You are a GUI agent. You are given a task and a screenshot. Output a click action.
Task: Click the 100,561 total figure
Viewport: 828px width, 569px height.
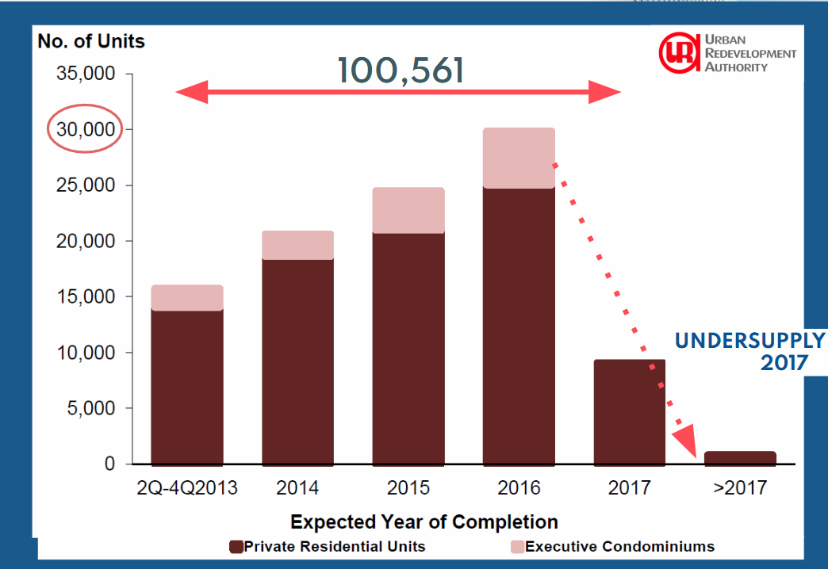point(401,71)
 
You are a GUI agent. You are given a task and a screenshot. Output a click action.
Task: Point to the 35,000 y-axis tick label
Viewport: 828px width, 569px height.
point(86,74)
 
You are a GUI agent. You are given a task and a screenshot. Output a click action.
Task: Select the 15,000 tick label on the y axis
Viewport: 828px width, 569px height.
point(86,296)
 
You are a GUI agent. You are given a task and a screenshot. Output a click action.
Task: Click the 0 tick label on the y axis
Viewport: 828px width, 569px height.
point(109,464)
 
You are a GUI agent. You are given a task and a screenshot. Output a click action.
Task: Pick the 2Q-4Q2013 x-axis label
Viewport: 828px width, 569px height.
point(187,487)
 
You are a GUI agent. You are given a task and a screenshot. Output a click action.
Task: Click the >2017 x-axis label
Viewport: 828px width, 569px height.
point(740,487)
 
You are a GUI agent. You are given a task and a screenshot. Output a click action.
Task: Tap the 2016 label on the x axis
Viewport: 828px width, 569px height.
point(519,487)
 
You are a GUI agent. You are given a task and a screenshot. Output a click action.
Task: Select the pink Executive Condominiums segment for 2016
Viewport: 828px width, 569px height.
point(519,158)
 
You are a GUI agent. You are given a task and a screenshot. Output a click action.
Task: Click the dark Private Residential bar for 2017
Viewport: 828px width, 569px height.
point(630,413)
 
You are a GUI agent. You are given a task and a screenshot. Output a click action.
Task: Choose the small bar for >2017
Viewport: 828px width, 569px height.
point(740,459)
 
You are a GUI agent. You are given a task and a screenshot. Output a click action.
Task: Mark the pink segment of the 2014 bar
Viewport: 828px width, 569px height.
point(298,245)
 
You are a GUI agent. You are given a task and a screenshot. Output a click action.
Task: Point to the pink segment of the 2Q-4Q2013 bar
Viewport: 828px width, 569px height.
point(187,298)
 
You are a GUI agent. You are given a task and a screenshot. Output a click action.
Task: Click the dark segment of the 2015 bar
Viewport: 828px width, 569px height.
point(408,349)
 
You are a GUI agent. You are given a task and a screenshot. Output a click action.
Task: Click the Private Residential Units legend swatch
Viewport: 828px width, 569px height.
point(236,547)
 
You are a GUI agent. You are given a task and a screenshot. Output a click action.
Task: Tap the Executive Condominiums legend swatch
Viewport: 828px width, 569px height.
point(517,547)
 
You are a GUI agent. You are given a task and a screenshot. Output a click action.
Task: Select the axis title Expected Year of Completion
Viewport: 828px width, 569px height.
point(424,522)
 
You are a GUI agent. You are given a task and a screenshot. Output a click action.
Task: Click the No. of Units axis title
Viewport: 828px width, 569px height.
point(91,41)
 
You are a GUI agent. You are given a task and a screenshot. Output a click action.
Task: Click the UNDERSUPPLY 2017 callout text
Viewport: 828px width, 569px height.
point(750,352)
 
